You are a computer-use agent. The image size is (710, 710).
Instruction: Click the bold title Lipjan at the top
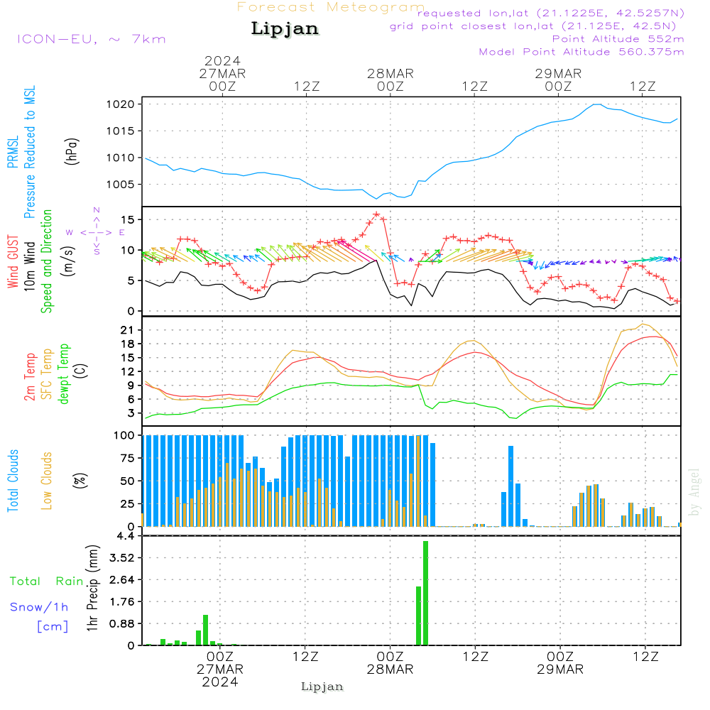[x=285, y=29]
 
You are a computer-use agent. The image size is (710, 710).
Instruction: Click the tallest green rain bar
[x=425, y=593]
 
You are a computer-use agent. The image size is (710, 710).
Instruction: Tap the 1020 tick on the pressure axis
[x=121, y=104]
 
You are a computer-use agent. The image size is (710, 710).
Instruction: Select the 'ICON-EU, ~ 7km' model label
[x=92, y=39]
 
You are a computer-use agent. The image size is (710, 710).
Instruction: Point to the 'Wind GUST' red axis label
[x=13, y=261]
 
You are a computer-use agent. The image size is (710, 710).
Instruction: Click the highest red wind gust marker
[x=376, y=214]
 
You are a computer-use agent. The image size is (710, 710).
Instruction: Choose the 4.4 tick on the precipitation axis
[x=126, y=536]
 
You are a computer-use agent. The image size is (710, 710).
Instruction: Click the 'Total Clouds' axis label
[x=13, y=481]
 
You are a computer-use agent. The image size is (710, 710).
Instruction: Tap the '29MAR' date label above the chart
[x=558, y=74]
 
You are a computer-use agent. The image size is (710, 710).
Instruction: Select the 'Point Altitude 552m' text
[x=618, y=39]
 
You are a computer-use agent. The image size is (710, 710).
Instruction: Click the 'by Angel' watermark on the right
[x=694, y=492]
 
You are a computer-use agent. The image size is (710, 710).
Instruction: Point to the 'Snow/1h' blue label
[x=39, y=607]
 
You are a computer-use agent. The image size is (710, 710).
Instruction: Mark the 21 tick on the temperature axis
[x=127, y=330]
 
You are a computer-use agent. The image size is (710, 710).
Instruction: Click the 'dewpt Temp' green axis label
[x=63, y=373]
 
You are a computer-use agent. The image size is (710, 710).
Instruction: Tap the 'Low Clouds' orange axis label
[x=46, y=481]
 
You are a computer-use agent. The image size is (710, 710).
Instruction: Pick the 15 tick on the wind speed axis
[x=127, y=219]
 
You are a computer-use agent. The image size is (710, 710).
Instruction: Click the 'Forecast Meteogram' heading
[x=331, y=7]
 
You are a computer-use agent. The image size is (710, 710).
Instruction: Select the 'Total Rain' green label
[x=46, y=581]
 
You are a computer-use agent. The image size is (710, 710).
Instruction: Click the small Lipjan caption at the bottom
[x=322, y=687]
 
